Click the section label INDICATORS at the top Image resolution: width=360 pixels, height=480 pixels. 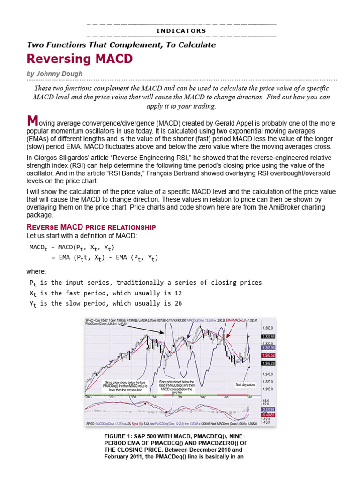point(181,31)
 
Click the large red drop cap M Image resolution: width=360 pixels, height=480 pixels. point(32,121)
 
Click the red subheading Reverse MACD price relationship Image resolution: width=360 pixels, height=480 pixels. point(91,227)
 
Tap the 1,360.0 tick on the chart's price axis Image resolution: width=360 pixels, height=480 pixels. point(267,328)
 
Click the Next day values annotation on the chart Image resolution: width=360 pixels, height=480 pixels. point(245,384)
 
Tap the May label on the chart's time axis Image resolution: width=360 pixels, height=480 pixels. point(202,397)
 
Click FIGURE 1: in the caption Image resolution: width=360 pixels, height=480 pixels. point(120,436)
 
